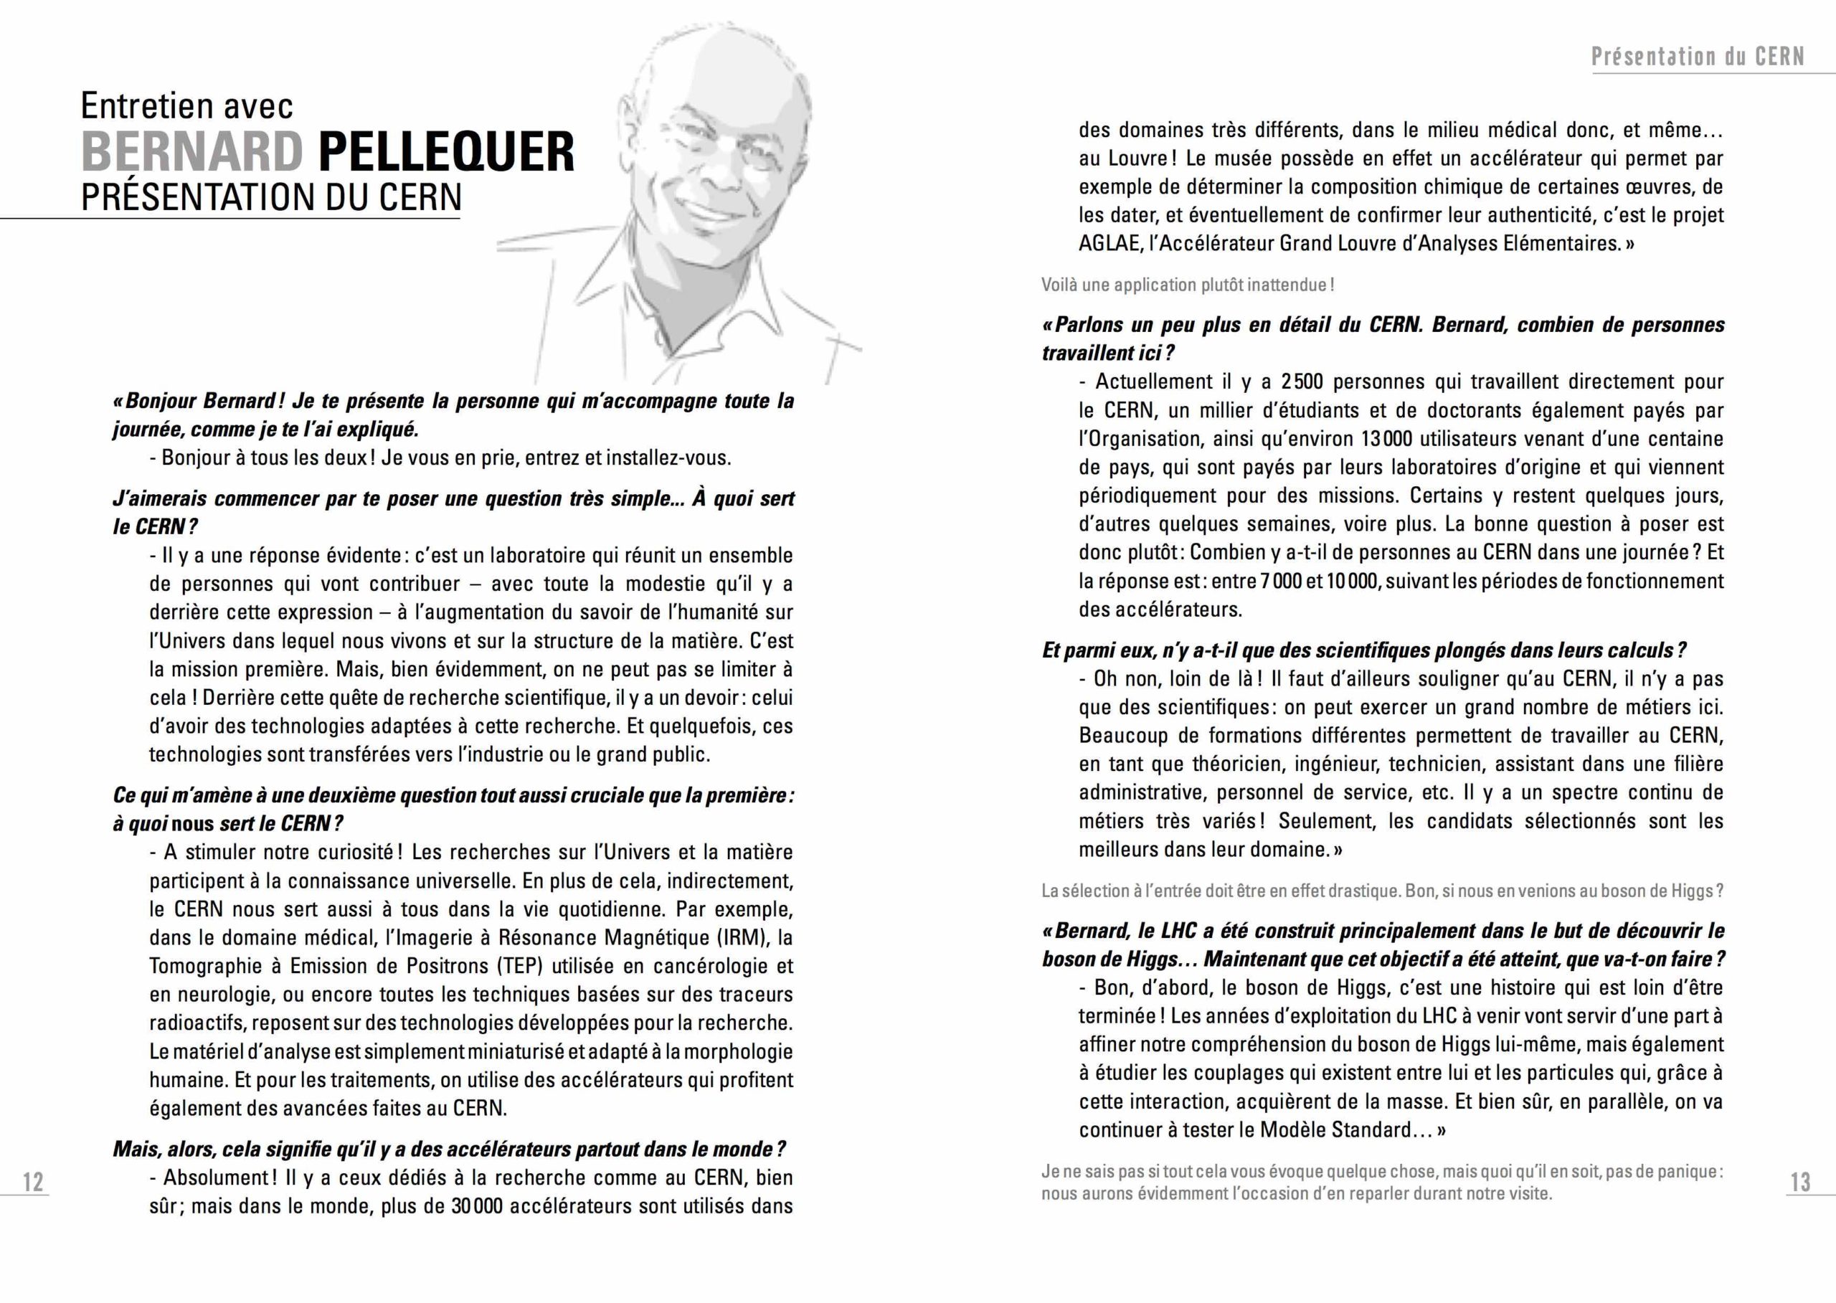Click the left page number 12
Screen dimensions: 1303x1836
33,1182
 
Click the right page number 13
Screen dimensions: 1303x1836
1800,1182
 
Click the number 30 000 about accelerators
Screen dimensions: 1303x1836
477,1207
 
